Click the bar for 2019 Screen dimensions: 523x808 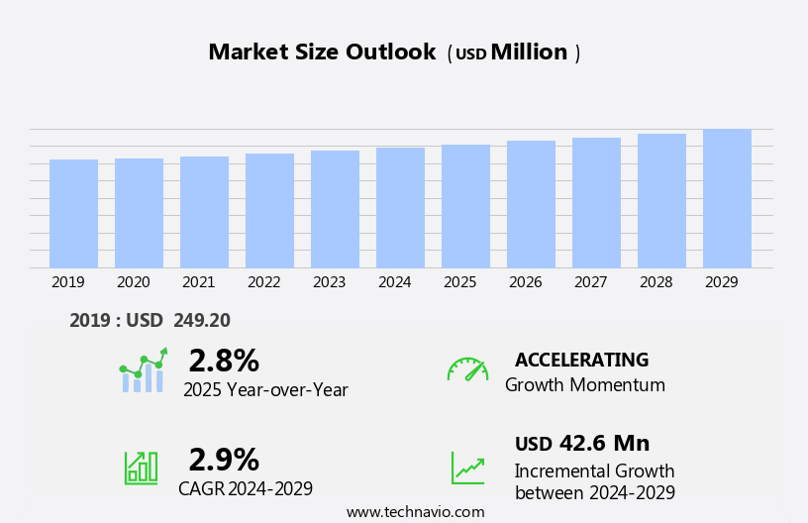pos(73,213)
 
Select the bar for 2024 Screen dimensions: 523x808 pos(400,207)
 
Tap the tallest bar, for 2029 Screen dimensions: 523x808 pos(727,198)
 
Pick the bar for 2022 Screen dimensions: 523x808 pos(269,210)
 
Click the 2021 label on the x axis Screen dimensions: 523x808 pos(198,282)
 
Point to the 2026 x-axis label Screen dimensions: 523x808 pos(525,282)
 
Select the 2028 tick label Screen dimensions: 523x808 pos(656,282)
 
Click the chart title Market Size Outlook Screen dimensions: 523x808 pos(322,52)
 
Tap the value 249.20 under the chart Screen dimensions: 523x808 pos(201,320)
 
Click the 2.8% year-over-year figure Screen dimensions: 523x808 pos(224,361)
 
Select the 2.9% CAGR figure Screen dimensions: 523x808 pos(224,460)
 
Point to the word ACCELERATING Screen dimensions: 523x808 pos(581,360)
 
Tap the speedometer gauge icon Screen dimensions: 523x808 pos(467,369)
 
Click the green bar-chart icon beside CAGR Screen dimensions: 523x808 pos(141,467)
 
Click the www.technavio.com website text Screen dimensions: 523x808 pos(415,512)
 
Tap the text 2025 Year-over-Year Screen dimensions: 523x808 pos(265,390)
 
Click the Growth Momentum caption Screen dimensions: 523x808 pos(584,385)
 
